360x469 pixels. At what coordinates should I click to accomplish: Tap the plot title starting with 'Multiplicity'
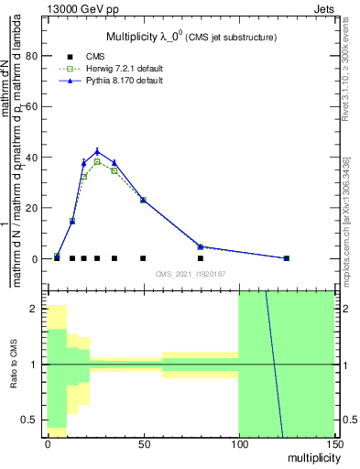click(191, 37)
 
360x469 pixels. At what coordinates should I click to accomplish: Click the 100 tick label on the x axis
click(238, 444)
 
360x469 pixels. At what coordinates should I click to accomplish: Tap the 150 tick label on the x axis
click(333, 444)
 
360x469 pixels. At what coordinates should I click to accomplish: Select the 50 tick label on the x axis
click(143, 444)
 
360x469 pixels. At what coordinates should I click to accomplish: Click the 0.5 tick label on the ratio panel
click(30, 420)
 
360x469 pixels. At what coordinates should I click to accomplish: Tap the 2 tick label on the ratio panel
click(35, 309)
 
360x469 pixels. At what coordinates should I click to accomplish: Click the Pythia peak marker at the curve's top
click(97, 152)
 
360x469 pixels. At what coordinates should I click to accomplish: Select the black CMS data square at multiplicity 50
click(143, 258)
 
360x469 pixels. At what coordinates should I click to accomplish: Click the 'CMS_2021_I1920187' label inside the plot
click(191, 274)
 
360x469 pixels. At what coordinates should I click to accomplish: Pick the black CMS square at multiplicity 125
click(286, 258)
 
